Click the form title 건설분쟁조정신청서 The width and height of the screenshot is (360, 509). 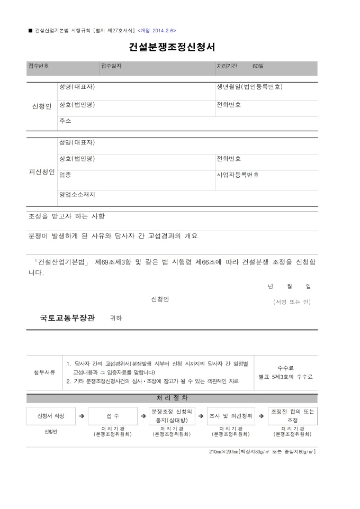coord(172,47)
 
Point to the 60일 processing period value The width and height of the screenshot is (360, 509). coord(258,66)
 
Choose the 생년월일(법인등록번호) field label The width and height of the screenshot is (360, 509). coord(249,87)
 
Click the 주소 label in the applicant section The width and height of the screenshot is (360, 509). coord(65,121)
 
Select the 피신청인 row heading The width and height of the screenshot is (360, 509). coord(41,172)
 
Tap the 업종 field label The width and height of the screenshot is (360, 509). coord(65,175)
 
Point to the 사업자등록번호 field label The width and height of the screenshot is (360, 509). coord(238,175)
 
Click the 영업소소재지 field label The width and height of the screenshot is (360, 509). coord(77,194)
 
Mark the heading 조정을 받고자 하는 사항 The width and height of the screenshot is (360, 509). coord(66,216)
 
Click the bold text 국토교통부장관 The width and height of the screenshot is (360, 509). coord(67,318)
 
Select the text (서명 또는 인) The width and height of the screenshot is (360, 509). coord(292,302)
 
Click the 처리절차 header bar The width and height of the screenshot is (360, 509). coord(172,398)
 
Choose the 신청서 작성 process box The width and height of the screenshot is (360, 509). coord(51,416)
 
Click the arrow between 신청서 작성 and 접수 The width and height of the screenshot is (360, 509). coord(82,416)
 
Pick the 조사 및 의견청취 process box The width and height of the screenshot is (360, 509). coord(230,416)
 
